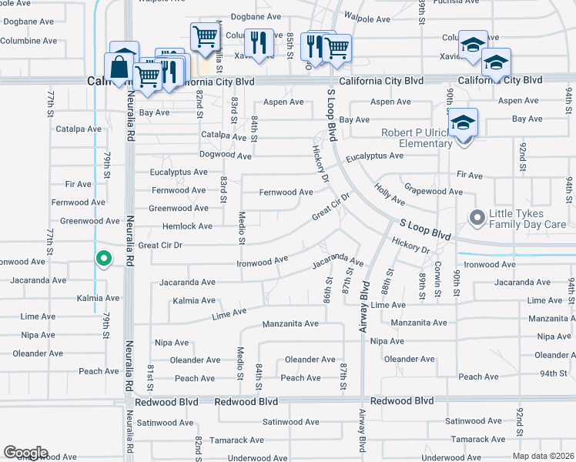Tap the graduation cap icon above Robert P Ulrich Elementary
pyautogui.click(x=463, y=122)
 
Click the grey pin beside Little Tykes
pyautogui.click(x=477, y=219)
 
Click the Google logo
pyautogui.click(x=25, y=453)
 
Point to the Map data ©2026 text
pyautogui.click(x=544, y=456)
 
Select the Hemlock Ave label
pyautogui.click(x=187, y=226)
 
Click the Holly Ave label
pyautogui.click(x=390, y=194)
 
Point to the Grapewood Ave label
pyautogui.click(x=433, y=191)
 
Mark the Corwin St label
pyautogui.click(x=437, y=286)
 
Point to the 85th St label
pyautogui.click(x=290, y=46)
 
